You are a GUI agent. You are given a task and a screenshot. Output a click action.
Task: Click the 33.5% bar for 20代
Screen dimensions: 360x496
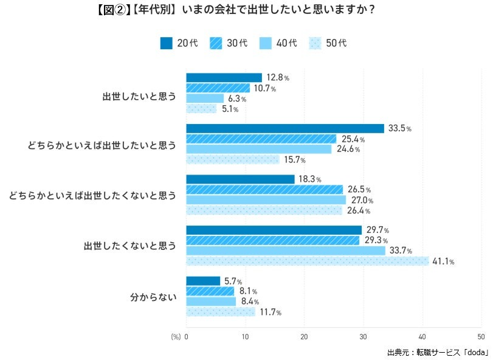[284, 128]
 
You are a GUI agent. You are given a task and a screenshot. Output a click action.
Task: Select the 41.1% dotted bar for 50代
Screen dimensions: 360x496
[307, 261]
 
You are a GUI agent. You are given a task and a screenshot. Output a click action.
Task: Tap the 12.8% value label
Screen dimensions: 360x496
[277, 78]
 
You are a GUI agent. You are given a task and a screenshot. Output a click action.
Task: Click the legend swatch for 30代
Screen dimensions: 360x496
[218, 43]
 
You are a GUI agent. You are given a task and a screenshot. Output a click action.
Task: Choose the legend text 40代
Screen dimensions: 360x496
[287, 43]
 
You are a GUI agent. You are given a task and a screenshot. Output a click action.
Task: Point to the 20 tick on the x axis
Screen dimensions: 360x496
[304, 336]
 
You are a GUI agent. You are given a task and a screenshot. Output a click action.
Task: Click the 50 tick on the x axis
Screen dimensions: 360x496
[481, 336]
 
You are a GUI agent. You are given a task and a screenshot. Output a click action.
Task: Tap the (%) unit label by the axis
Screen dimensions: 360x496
[176, 336]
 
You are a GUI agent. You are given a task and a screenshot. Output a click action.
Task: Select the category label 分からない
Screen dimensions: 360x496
[153, 297]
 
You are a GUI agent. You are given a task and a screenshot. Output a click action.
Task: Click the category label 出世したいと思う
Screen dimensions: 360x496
[139, 95]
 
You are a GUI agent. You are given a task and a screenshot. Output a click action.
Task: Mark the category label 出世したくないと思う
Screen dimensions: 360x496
[129, 246]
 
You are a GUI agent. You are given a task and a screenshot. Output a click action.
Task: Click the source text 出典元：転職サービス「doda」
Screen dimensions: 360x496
[438, 351]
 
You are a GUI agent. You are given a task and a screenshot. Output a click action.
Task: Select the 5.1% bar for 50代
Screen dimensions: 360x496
[201, 109]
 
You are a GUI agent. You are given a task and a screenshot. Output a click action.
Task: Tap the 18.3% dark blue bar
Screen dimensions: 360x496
[240, 179]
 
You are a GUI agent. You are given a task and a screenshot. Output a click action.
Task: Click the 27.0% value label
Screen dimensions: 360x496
[361, 201]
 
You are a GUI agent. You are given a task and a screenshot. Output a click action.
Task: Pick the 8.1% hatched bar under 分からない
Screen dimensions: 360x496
[210, 291]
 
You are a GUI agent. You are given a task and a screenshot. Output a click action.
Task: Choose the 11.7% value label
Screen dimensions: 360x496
[270, 313]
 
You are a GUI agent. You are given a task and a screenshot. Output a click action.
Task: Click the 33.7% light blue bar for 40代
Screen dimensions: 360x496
[285, 251]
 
